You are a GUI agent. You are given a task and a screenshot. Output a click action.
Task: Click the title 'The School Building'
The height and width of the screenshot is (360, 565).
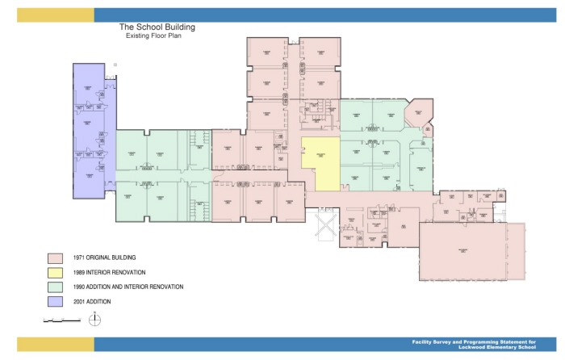pos(157,27)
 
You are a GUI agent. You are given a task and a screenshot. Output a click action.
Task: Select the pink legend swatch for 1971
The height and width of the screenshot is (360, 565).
pos(55,258)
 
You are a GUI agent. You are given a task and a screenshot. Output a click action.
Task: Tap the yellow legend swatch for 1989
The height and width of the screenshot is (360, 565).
pos(55,273)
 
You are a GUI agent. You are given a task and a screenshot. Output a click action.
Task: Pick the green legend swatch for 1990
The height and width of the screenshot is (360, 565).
pos(55,287)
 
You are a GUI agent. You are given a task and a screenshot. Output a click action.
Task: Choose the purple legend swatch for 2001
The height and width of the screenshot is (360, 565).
pos(55,302)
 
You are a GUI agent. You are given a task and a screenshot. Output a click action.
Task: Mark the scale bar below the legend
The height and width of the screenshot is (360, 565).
pos(61,320)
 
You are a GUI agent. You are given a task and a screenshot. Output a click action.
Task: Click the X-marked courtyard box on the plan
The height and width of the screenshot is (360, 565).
pos(324,224)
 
